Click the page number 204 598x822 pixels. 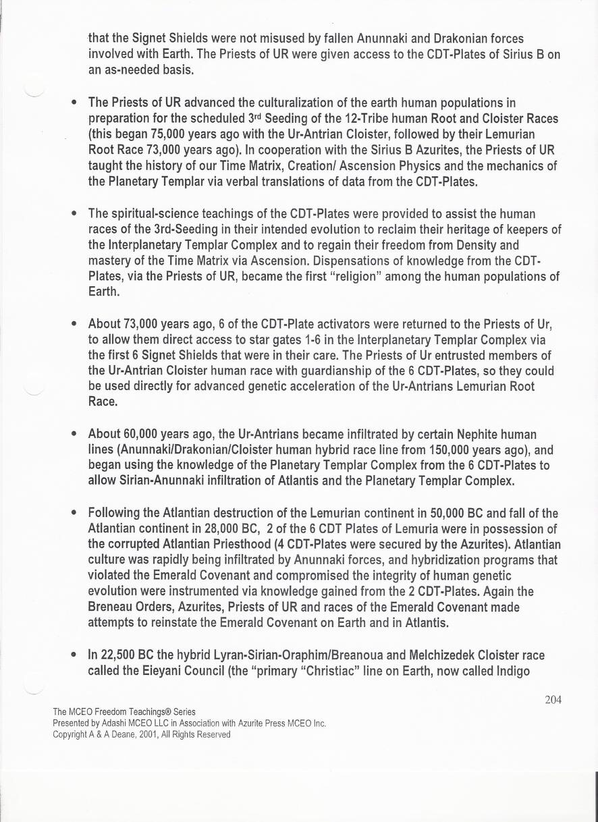point(553,700)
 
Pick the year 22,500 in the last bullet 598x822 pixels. point(120,655)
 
